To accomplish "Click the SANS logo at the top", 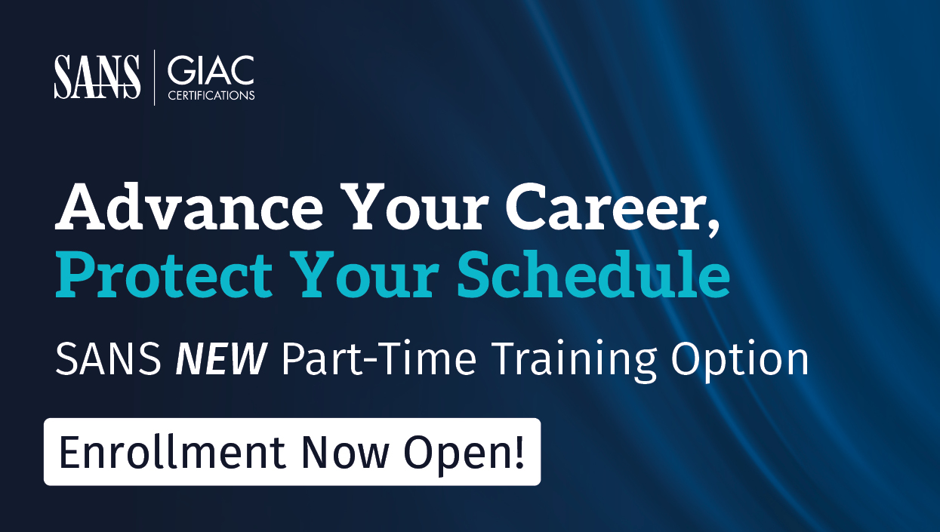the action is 97,77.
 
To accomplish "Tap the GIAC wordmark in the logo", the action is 211,70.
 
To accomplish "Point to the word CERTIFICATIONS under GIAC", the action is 211,95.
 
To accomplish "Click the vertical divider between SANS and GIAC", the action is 155,78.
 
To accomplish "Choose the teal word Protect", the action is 164,275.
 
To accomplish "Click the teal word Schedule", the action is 593,274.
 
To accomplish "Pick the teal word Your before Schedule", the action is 365,275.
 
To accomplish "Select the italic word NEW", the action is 221,358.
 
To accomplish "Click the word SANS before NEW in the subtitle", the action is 108,358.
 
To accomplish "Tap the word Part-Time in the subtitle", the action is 379,358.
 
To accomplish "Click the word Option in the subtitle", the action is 739,361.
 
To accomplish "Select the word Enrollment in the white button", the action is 172,452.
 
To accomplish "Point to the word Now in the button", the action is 345,453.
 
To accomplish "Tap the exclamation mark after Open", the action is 519,452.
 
